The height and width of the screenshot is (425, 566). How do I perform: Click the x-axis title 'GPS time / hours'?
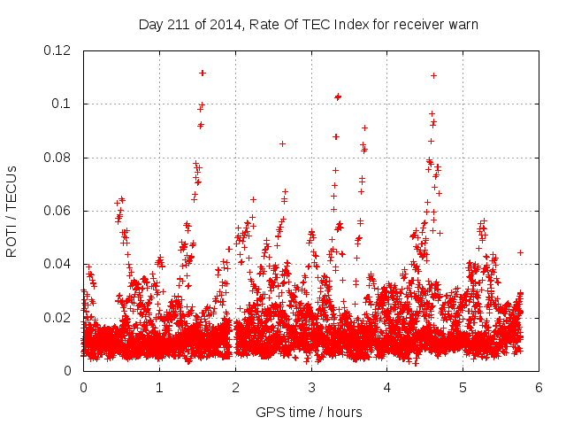[x=309, y=412]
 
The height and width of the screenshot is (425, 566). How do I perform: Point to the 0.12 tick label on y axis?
[x=58, y=50]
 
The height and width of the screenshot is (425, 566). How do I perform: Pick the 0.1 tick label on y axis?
[x=65, y=104]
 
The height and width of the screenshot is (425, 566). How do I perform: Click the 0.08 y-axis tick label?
[x=58, y=158]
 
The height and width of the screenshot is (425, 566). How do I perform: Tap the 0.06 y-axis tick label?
[x=58, y=211]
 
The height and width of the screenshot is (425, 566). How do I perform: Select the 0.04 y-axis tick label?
[x=58, y=264]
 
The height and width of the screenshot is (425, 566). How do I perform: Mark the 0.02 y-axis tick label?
[x=58, y=317]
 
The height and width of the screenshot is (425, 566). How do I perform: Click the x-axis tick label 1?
[x=159, y=387]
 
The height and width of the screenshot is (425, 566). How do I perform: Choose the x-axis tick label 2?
[x=235, y=387]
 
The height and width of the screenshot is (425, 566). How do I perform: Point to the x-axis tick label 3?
[x=311, y=387]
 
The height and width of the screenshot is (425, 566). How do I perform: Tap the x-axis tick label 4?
[x=387, y=387]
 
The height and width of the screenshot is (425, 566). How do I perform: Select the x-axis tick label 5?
[x=463, y=387]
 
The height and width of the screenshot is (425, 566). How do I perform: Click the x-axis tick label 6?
[x=539, y=387]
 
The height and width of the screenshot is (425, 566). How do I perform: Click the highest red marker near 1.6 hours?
[x=203, y=73]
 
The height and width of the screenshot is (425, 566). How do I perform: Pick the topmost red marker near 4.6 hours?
[x=433, y=75]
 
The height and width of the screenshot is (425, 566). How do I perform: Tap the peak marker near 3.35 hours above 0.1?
[x=338, y=97]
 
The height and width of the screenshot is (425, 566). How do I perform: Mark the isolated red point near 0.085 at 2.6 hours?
[x=282, y=143]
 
